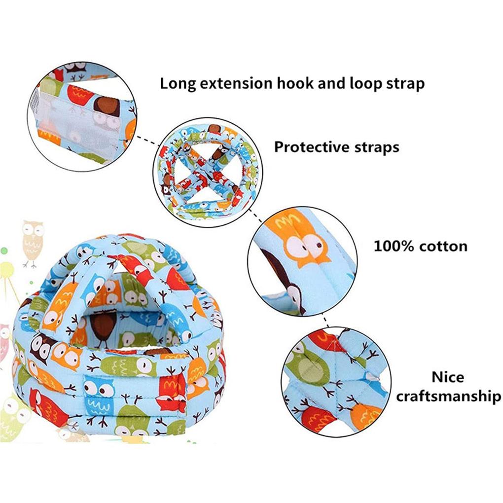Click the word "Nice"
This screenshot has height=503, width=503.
pos(448,377)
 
